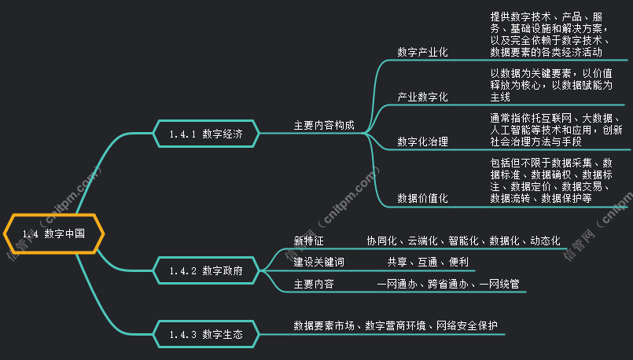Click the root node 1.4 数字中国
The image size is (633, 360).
pyautogui.click(x=53, y=233)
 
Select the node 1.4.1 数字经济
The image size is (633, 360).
pyautogui.click(x=205, y=134)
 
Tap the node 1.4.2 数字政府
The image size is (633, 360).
pyautogui.click(x=205, y=270)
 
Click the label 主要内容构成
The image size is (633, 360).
pyautogui.click(x=324, y=125)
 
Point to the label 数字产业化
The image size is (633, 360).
pyautogui.click(x=422, y=53)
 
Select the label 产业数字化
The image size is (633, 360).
pyautogui.click(x=422, y=97)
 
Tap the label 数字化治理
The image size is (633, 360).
pyautogui.click(x=422, y=142)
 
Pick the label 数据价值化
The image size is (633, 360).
pyautogui.click(x=422, y=199)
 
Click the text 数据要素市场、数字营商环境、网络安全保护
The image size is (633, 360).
pyautogui.click(x=396, y=325)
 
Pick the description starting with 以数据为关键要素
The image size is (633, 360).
pyautogui.click(x=550, y=85)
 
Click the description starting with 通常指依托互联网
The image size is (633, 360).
pyautogui.click(x=555, y=130)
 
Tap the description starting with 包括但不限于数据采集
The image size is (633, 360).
pyautogui.click(x=550, y=181)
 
